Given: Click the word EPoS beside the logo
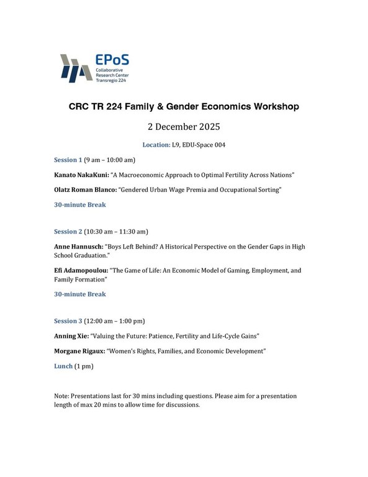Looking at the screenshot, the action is point(112,61).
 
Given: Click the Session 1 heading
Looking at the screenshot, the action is point(68,160).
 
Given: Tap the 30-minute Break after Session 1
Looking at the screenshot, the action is point(80,204).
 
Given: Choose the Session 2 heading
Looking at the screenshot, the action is point(68,232).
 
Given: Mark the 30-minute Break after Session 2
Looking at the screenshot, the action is point(80,294).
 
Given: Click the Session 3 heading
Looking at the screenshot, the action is point(68,321).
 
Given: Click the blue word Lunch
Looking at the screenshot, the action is point(63,366).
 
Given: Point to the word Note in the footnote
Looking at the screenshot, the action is point(62,395).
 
